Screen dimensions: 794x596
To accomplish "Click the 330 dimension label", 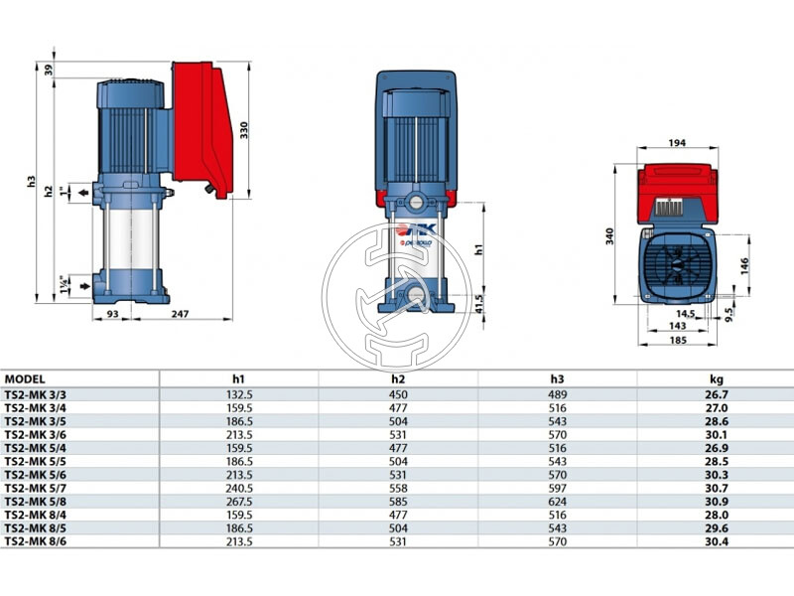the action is [x=243, y=131].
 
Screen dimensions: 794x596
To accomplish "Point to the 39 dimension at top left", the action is [x=48, y=70].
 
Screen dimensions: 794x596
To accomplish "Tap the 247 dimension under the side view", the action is [x=180, y=314].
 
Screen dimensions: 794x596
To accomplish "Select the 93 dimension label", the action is [x=112, y=314].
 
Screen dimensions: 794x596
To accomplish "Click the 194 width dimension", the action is [x=677, y=142].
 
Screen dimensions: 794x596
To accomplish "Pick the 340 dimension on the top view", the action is [x=609, y=236].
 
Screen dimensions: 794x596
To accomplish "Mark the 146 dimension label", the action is [x=743, y=266].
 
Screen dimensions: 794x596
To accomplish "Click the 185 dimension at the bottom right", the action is [x=678, y=340].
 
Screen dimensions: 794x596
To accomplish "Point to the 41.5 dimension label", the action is [x=479, y=304].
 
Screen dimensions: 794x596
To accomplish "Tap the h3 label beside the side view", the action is [x=32, y=182].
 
